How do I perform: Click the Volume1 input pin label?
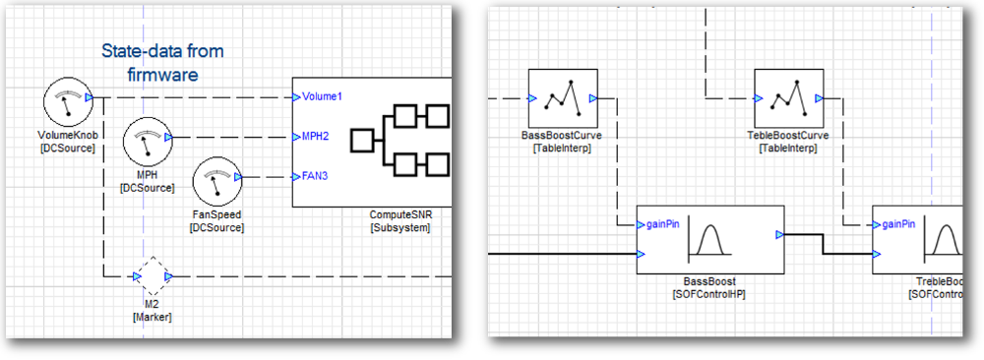[322, 96]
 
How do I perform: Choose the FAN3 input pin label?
[315, 177]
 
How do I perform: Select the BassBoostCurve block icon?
[563, 97]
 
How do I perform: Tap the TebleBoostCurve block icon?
[787, 97]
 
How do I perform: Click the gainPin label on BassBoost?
[663, 223]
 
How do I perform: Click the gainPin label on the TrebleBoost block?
[899, 223]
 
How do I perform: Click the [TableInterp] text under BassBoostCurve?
[562, 149]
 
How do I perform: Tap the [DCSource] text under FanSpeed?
[216, 227]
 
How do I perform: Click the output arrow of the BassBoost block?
[779, 235]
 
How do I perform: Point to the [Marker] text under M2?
[152, 317]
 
